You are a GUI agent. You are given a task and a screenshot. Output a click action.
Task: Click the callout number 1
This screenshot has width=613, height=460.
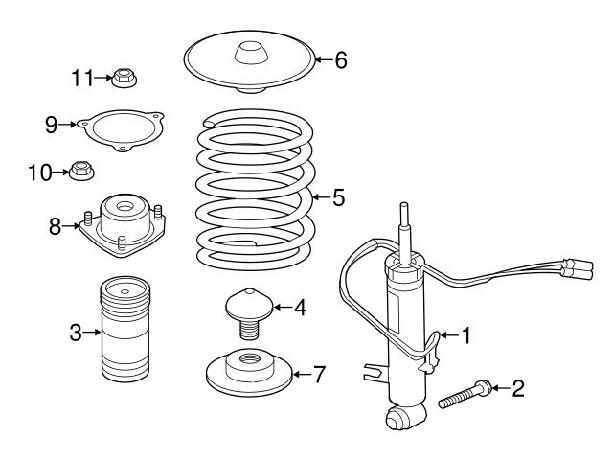click(466, 335)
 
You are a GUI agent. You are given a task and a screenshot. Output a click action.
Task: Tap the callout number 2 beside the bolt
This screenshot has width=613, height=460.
click(518, 388)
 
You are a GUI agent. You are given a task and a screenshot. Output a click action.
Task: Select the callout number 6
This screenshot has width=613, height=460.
click(341, 60)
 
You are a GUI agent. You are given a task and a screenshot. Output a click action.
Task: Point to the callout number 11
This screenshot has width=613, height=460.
click(82, 76)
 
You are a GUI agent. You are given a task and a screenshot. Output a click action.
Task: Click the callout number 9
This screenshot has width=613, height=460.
click(52, 124)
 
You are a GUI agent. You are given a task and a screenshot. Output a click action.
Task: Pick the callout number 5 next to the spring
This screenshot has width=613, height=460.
click(337, 198)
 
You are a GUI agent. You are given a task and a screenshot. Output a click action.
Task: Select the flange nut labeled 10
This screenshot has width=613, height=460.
click(83, 172)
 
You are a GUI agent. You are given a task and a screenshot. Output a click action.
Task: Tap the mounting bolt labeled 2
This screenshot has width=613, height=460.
click(465, 395)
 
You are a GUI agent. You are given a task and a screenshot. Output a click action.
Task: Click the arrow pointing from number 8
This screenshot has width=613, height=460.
click(73, 226)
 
